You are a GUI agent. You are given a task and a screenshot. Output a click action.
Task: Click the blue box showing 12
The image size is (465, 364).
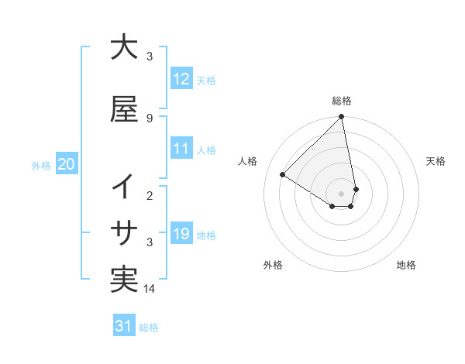[181, 79]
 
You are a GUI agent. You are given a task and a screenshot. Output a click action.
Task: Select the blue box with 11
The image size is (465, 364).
[181, 149]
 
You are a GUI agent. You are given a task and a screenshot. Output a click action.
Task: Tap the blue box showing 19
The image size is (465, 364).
[181, 234]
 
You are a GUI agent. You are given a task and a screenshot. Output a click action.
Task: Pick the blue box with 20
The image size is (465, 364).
[67, 164]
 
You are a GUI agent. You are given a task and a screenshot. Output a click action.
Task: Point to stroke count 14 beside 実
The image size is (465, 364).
[150, 289]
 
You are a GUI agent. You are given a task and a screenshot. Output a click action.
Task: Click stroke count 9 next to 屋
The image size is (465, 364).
[150, 118]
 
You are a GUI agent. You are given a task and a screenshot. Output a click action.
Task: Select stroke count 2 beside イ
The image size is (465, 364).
[150, 196]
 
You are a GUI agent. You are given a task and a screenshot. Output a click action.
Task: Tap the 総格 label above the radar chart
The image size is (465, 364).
[342, 101]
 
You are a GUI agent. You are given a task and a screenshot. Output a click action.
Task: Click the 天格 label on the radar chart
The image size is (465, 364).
[436, 161]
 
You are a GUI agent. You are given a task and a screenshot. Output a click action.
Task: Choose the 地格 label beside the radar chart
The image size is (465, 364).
[406, 265]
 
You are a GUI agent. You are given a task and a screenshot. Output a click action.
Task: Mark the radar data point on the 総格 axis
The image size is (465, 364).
[342, 118]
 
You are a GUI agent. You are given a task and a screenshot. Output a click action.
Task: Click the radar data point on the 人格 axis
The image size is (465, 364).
[283, 174]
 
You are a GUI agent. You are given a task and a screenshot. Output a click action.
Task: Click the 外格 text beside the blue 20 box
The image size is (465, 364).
[41, 165]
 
